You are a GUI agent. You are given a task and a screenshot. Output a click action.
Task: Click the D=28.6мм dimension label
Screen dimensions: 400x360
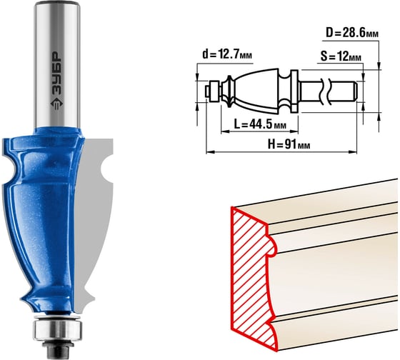pos(352,33)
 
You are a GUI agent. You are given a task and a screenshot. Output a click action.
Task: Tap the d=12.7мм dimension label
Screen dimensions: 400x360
pos(227,54)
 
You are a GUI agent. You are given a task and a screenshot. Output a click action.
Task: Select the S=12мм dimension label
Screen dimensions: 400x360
pos(341,56)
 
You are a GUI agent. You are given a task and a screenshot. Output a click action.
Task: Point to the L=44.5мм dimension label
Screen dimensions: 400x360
pos(260,124)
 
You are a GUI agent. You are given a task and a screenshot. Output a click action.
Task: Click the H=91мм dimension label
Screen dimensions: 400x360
pos(289,144)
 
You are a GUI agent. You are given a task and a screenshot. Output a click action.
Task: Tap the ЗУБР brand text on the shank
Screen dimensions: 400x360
pos(56,74)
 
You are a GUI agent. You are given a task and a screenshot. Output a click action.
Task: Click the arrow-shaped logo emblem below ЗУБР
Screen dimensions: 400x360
pos(56,104)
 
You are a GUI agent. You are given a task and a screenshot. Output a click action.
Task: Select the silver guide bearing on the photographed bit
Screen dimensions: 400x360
pos(57,329)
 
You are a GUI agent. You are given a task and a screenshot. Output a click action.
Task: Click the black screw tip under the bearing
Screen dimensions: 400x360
pos(58,350)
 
